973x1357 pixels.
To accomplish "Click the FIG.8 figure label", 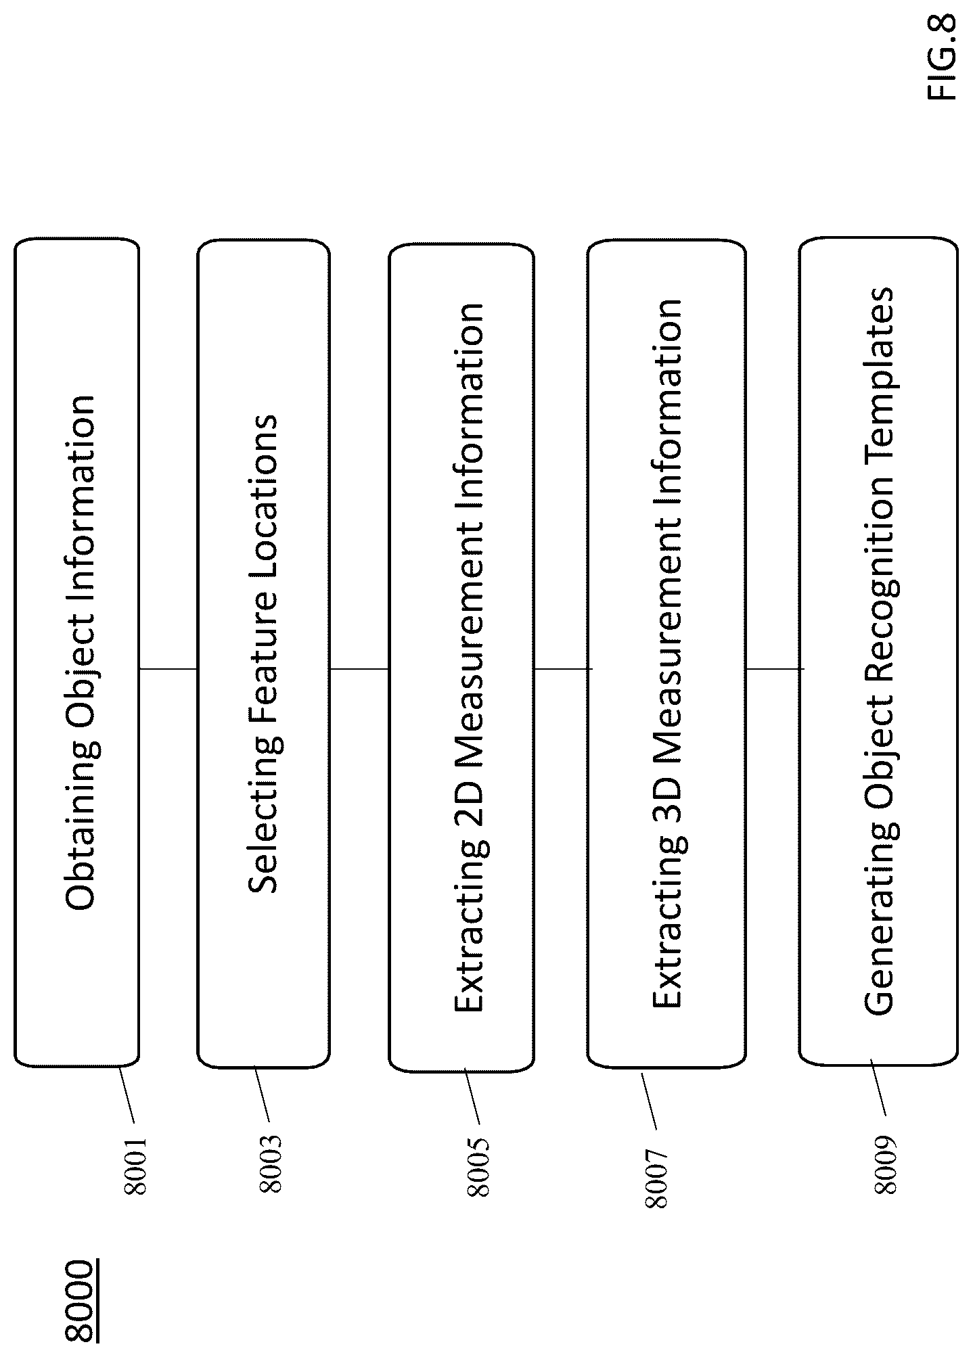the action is (942, 57).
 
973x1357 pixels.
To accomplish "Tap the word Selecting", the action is (264, 823).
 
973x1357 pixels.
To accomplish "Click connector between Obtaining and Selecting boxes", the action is (168, 669).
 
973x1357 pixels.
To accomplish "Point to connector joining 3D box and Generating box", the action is (775, 669).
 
